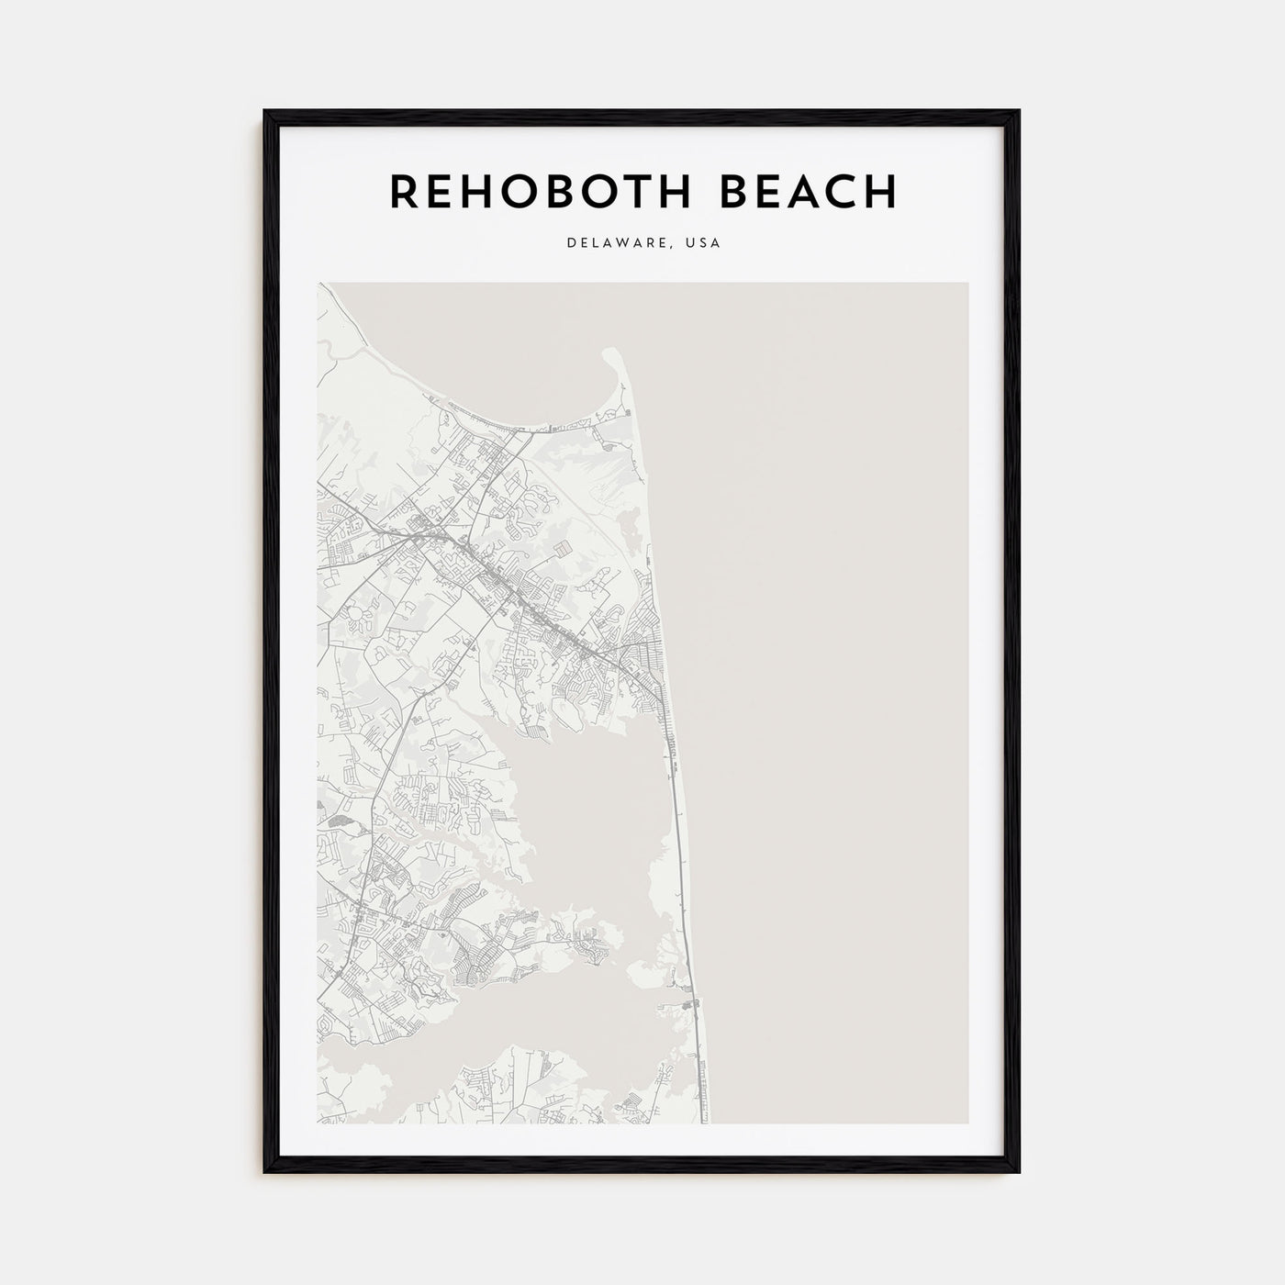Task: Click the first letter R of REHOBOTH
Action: click(x=404, y=191)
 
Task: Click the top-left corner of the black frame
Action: click(x=265, y=111)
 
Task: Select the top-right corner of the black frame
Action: click(x=1018, y=111)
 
